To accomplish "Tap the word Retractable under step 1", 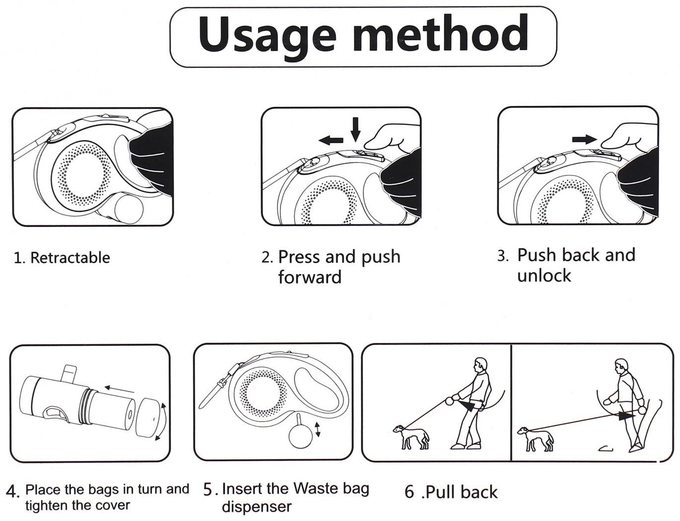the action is coord(70,258).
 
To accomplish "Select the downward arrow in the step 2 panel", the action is coord(355,129).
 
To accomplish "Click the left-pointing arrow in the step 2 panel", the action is coord(331,141).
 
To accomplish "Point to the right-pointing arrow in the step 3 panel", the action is coord(585,139).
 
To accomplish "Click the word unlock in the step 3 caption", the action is coord(544,276).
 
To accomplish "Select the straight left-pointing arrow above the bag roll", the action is coord(120,389).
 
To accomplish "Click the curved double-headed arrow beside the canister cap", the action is coord(162,422).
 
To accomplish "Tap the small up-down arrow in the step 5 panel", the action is coord(318,430).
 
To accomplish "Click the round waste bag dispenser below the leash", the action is coord(300,436).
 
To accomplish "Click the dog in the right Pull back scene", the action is coord(535,438).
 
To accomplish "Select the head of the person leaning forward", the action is coord(480,365).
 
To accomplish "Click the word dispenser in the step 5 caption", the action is coord(256,507).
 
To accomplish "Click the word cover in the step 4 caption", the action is coord(113,506).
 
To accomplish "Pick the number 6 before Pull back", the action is coord(409,492).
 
